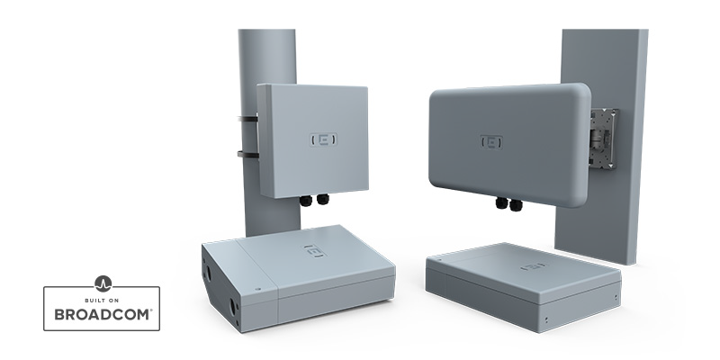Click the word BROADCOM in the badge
pos(101,314)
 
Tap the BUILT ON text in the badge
pos(102,301)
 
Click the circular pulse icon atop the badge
pos(103,283)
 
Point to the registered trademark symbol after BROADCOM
pos(150,310)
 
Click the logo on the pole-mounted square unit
pos(323,139)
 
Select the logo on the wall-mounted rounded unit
pos(491,142)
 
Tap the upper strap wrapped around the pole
pos(247,120)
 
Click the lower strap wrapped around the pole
pos(248,154)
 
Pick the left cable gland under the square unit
pos(306,200)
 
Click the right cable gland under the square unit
pos(323,199)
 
